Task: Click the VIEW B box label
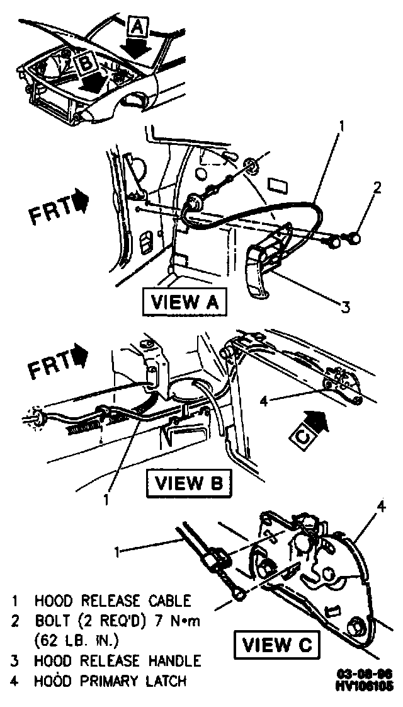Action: pos(188,483)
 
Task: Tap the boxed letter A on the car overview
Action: pos(139,26)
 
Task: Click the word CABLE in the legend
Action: pos(169,601)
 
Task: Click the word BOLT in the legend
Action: pos(50,621)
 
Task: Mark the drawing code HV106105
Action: pos(364,686)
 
